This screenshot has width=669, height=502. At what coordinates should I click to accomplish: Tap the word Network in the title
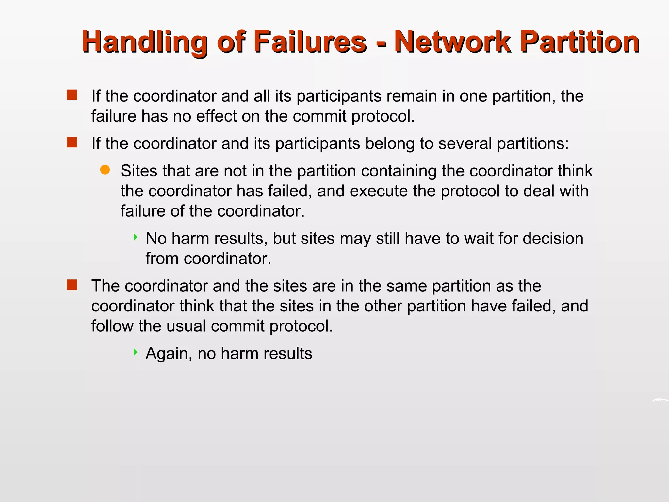[x=452, y=42]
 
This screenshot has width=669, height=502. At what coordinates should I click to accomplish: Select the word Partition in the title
[x=580, y=42]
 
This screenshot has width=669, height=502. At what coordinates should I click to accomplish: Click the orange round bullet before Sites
[x=105, y=170]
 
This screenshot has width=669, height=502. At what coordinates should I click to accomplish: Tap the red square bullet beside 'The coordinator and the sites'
[x=72, y=285]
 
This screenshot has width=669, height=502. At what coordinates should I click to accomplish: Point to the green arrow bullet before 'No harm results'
[x=136, y=237]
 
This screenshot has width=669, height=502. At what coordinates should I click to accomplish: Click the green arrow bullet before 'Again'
[x=136, y=352]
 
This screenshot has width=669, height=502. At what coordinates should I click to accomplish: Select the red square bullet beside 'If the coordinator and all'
[x=72, y=95]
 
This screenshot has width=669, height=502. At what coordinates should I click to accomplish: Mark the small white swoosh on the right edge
[x=660, y=400]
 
